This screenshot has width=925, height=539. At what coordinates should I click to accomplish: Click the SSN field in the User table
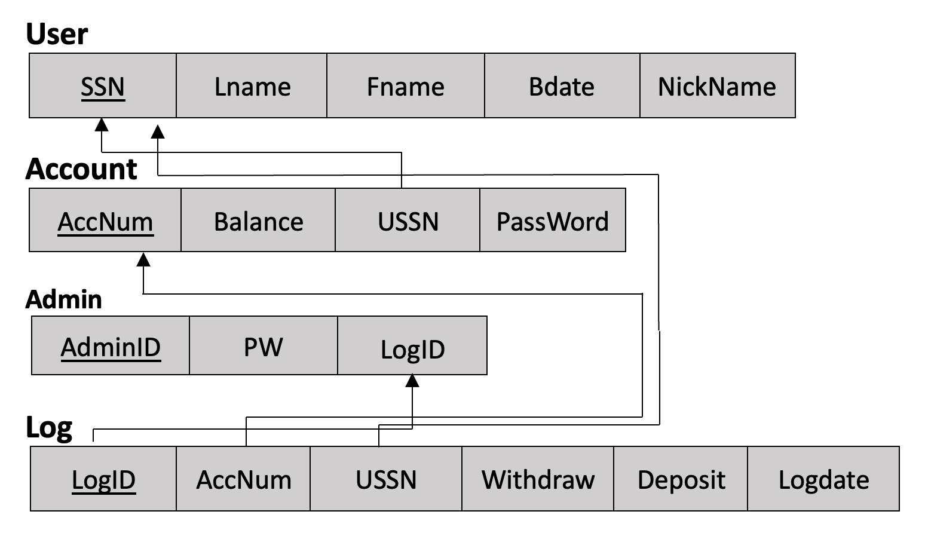pyautogui.click(x=103, y=86)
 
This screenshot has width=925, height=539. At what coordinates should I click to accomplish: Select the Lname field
pyautogui.click(x=252, y=86)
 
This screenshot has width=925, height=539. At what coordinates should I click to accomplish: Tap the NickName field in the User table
pyautogui.click(x=717, y=86)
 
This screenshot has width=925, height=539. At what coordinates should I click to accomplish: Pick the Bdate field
pyautogui.click(x=562, y=86)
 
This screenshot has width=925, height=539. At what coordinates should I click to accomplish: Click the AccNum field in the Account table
pyautogui.click(x=105, y=221)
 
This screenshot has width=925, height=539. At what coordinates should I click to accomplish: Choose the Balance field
pyautogui.click(x=258, y=221)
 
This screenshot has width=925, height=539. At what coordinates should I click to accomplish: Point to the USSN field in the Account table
pyautogui.click(x=408, y=221)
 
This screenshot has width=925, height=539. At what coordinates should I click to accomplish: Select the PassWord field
pyautogui.click(x=552, y=221)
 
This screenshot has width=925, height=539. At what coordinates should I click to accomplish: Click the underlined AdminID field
pyautogui.click(x=111, y=347)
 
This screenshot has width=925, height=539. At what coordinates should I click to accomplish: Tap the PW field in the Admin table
pyautogui.click(x=263, y=347)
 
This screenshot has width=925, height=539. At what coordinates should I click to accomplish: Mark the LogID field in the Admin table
pyautogui.click(x=412, y=348)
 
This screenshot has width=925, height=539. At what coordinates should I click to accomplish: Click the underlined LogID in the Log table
pyautogui.click(x=103, y=479)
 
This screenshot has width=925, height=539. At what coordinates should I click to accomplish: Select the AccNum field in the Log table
pyautogui.click(x=244, y=479)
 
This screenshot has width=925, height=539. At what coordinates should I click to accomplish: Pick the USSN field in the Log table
pyautogui.click(x=386, y=479)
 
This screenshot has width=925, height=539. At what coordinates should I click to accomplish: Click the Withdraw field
pyautogui.click(x=538, y=479)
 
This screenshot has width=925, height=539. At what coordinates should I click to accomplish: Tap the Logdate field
pyautogui.click(x=823, y=479)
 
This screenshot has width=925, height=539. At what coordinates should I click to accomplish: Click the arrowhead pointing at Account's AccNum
pyautogui.click(x=143, y=259)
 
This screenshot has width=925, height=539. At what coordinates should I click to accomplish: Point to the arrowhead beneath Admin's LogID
pyautogui.click(x=412, y=381)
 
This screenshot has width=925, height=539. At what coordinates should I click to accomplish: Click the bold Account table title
pyautogui.click(x=81, y=169)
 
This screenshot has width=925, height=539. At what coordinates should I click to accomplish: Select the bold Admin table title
pyautogui.click(x=64, y=299)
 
